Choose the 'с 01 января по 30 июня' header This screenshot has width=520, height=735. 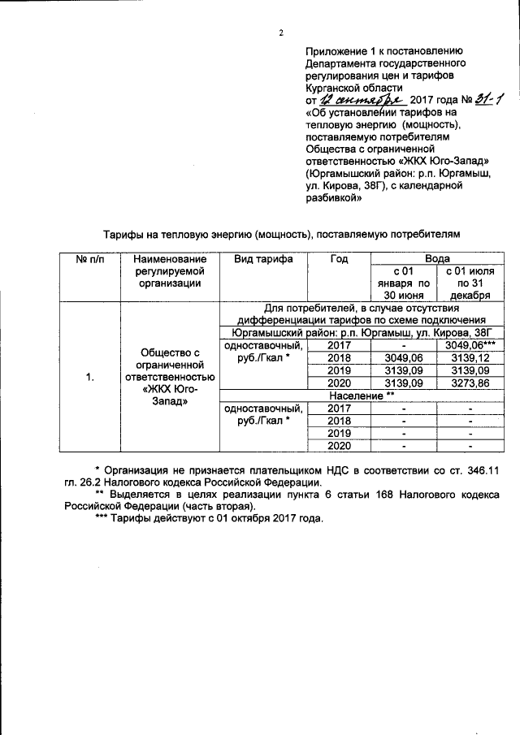(401, 283)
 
